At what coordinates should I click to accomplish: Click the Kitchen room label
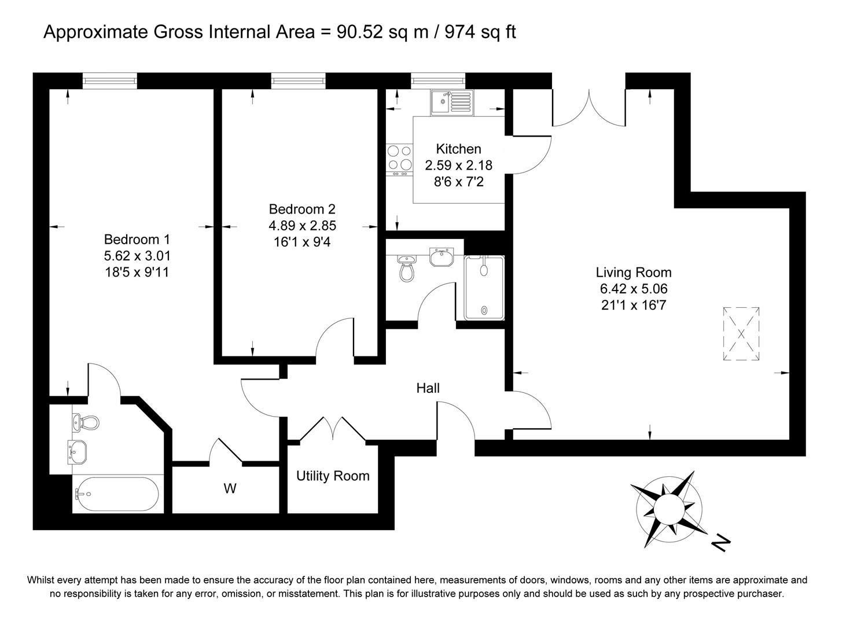point(458,149)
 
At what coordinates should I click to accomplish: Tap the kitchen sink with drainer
point(451,102)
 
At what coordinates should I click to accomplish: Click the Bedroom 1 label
point(137,239)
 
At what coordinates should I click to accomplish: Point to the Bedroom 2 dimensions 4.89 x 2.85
point(302,226)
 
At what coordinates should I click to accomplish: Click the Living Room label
point(634,272)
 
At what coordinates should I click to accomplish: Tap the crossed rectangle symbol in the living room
point(741,334)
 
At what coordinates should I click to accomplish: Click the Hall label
point(428,388)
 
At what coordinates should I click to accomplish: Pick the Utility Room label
point(333,476)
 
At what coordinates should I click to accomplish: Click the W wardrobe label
point(230,489)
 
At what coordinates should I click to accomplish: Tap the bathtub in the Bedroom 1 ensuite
point(116,494)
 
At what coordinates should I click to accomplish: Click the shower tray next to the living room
point(484,288)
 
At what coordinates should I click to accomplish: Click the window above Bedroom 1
point(110,81)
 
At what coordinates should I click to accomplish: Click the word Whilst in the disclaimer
point(42,580)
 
